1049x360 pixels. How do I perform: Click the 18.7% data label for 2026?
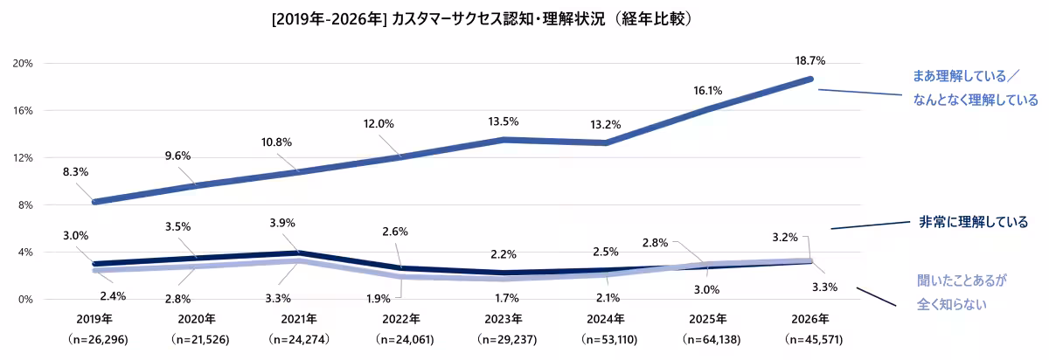809,61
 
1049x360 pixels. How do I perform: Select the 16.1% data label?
708,90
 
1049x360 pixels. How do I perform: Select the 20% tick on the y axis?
23,64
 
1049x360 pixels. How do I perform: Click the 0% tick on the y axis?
25,300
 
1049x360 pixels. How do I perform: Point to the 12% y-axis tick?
23,158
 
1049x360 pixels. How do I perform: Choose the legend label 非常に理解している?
973,222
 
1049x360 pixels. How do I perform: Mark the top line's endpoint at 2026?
809,80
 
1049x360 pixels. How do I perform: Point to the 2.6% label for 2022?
395,232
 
